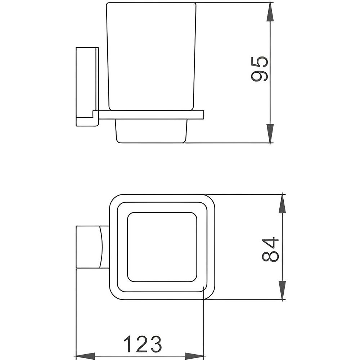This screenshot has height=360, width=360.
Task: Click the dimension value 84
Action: tap(270, 250)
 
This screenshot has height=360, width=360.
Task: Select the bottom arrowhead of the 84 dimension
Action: tap(282, 290)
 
